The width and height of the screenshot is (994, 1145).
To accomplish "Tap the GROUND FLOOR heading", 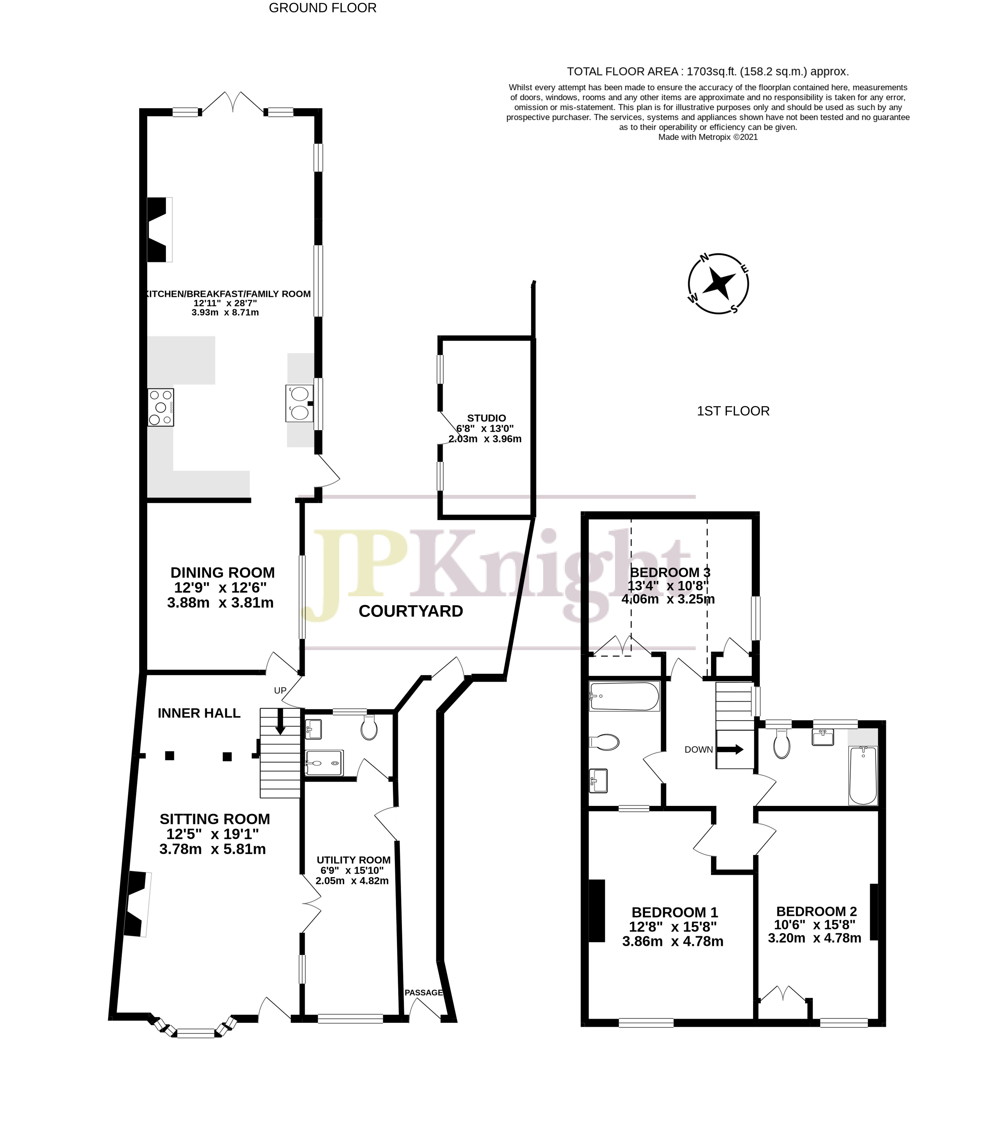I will pyautogui.click(x=322, y=8).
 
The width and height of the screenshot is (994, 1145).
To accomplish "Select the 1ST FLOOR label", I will pyautogui.click(x=733, y=411).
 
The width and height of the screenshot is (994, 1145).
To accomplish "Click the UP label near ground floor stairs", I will pyautogui.click(x=280, y=690).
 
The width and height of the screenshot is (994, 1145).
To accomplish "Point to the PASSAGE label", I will pyautogui.click(x=423, y=992).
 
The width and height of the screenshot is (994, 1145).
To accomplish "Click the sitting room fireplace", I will pyautogui.click(x=138, y=904).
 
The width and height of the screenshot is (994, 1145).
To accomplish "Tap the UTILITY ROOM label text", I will pyautogui.click(x=353, y=860).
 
